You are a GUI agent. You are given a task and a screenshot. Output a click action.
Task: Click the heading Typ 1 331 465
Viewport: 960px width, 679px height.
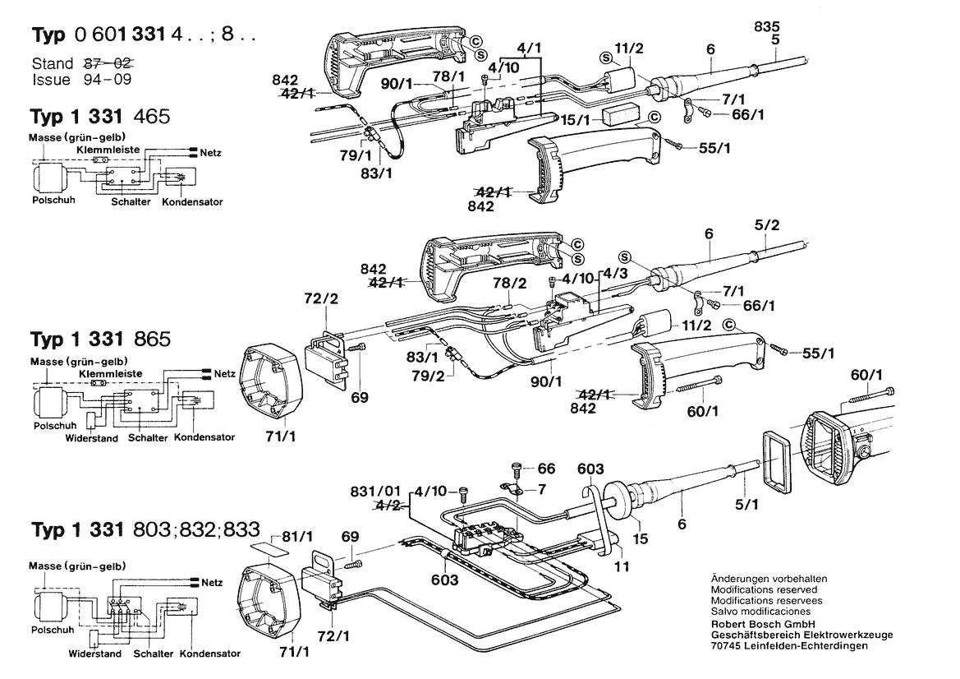(100, 117)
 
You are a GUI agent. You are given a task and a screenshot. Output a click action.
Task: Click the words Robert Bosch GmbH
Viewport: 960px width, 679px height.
(762, 623)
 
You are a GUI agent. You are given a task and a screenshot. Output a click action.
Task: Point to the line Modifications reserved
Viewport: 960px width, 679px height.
(764, 590)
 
